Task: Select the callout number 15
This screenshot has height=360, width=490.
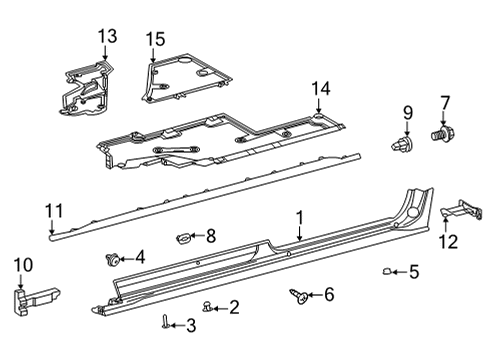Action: (x=154, y=39)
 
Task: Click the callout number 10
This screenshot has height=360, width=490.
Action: (x=22, y=265)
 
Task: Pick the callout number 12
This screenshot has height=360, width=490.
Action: (x=448, y=240)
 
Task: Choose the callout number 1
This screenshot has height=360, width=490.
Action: (x=298, y=217)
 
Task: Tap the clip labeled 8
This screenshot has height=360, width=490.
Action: (x=184, y=237)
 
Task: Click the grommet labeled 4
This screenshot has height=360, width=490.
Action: (x=113, y=259)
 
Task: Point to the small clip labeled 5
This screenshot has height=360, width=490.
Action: (x=387, y=270)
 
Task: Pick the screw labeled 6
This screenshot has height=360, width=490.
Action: (x=299, y=294)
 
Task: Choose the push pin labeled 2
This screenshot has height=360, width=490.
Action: (x=207, y=305)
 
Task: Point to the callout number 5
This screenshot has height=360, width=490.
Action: (x=414, y=270)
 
